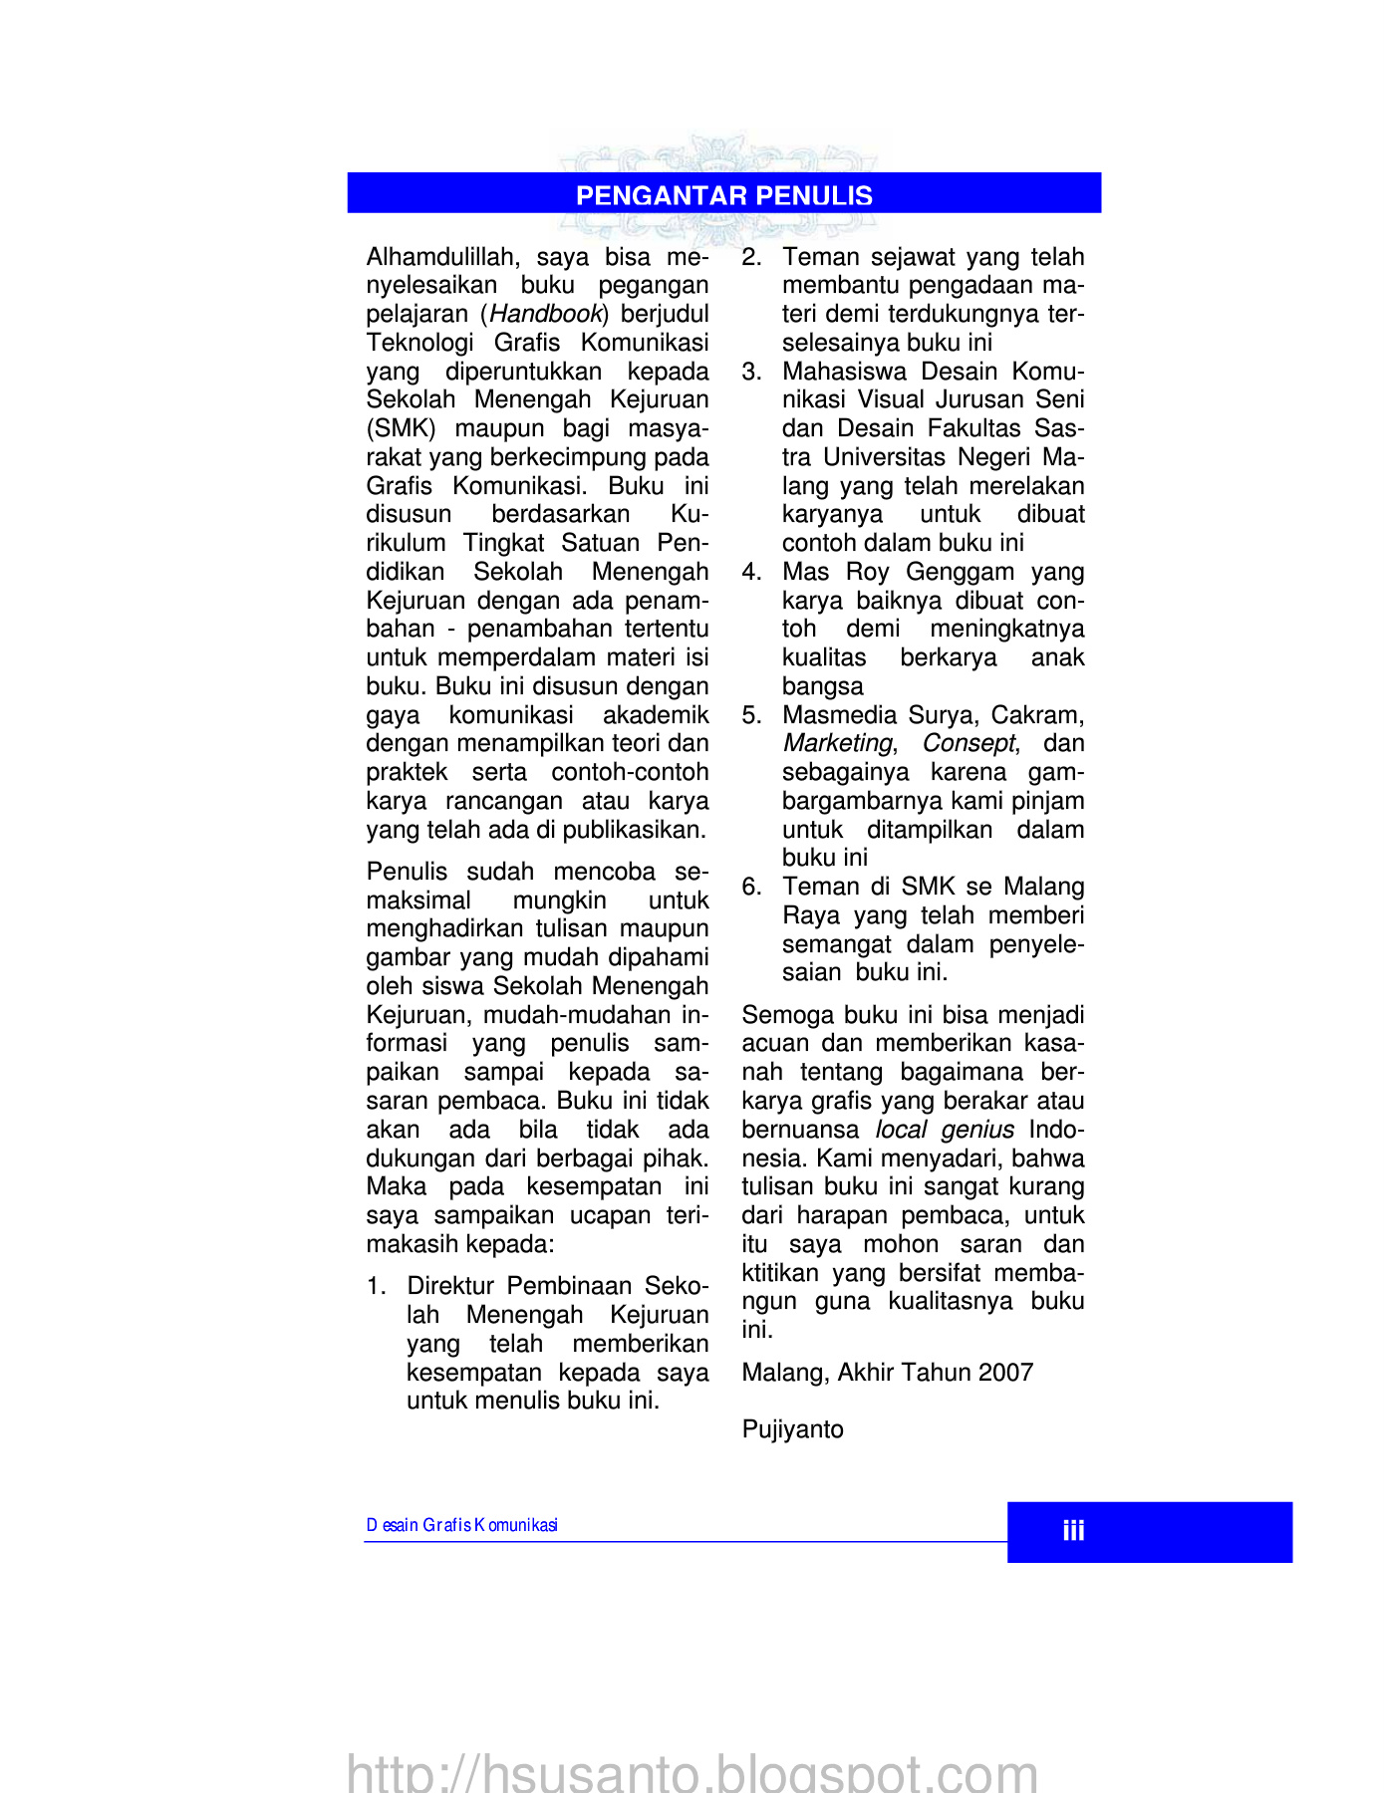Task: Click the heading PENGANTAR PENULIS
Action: tap(724, 195)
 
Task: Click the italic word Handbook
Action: tap(546, 314)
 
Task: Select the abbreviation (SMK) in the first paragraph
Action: tap(401, 428)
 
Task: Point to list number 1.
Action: tap(376, 1286)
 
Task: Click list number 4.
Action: tap(751, 572)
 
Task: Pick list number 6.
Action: tap(751, 887)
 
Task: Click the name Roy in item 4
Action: tap(867, 572)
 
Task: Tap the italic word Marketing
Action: tap(837, 743)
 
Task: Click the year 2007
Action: tap(1005, 1373)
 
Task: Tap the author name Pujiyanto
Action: tap(792, 1429)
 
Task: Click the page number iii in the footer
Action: tap(1073, 1531)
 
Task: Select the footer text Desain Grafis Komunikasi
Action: tap(461, 1525)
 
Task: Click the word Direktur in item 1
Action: tap(453, 1286)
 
